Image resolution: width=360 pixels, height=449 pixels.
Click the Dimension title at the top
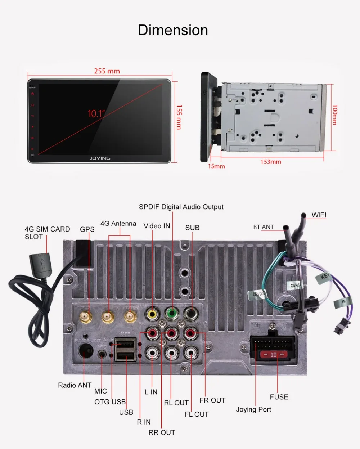click(x=173, y=30)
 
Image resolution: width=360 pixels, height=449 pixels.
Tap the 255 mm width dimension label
click(x=107, y=71)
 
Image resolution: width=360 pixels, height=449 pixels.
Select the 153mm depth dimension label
click(x=271, y=162)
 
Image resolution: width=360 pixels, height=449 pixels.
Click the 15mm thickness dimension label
click(x=216, y=166)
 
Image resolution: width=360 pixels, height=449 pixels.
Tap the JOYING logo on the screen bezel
click(x=100, y=158)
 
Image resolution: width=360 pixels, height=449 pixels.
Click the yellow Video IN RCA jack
click(x=152, y=313)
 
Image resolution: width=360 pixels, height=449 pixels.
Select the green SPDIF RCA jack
click(x=172, y=313)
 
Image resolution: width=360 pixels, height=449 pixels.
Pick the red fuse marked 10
click(x=273, y=355)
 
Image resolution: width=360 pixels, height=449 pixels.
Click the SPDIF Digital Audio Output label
click(x=181, y=207)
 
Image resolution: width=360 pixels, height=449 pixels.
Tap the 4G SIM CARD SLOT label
click(x=47, y=233)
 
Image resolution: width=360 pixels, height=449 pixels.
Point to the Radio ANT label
click(x=75, y=385)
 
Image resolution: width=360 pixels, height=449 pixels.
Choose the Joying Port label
click(x=253, y=409)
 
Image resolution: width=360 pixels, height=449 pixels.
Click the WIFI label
click(x=319, y=215)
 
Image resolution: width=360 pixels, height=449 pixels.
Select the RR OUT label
click(x=162, y=432)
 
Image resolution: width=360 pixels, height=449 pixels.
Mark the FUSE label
click(x=279, y=397)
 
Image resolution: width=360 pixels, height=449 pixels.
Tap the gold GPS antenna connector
click(x=86, y=317)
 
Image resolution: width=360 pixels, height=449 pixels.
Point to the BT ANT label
click(x=263, y=227)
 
